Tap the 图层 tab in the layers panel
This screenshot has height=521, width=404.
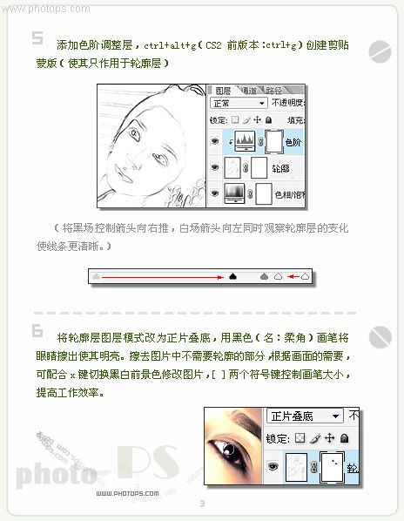(223, 90)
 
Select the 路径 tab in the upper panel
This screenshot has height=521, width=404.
(273, 90)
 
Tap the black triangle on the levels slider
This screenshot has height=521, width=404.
(232, 276)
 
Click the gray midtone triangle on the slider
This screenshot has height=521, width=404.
(264, 276)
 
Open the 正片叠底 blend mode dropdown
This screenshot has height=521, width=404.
(305, 416)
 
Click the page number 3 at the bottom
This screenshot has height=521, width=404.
(202, 504)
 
